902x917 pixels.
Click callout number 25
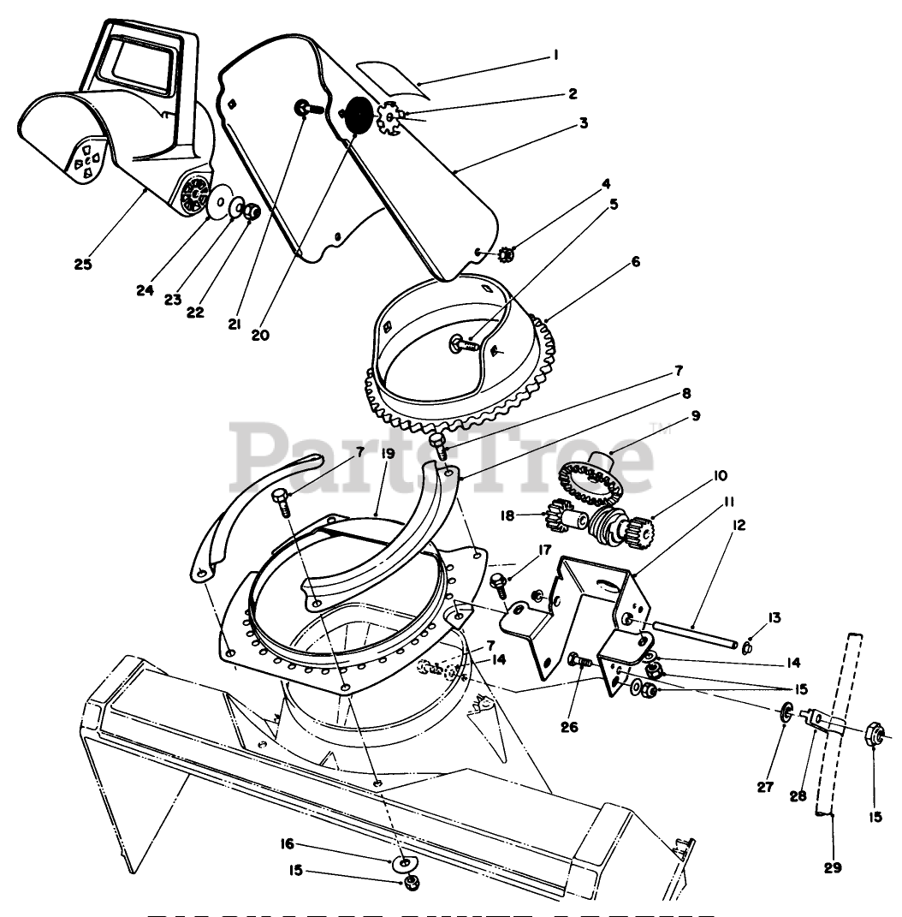82,263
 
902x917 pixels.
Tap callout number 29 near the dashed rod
833,867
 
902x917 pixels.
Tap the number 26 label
569,727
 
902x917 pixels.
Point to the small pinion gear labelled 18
564,517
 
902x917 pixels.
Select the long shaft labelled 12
693,637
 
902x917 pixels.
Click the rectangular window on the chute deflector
143,63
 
